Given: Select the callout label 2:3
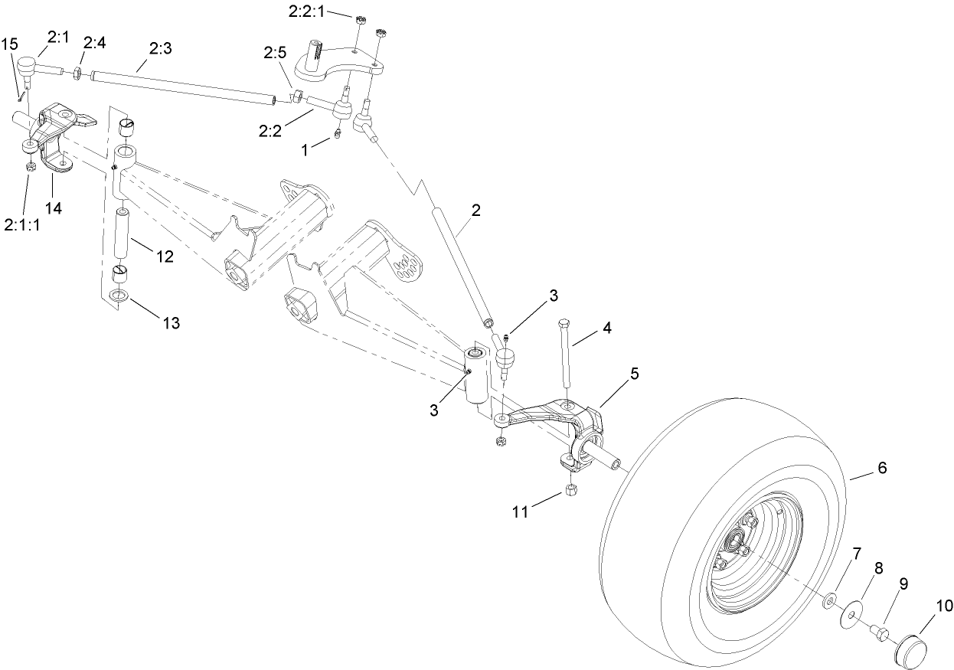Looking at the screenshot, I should (x=160, y=48).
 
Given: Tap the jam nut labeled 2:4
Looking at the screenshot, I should (x=77, y=74).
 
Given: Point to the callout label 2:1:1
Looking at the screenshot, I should (x=24, y=224).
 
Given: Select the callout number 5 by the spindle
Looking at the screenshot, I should (x=633, y=374).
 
